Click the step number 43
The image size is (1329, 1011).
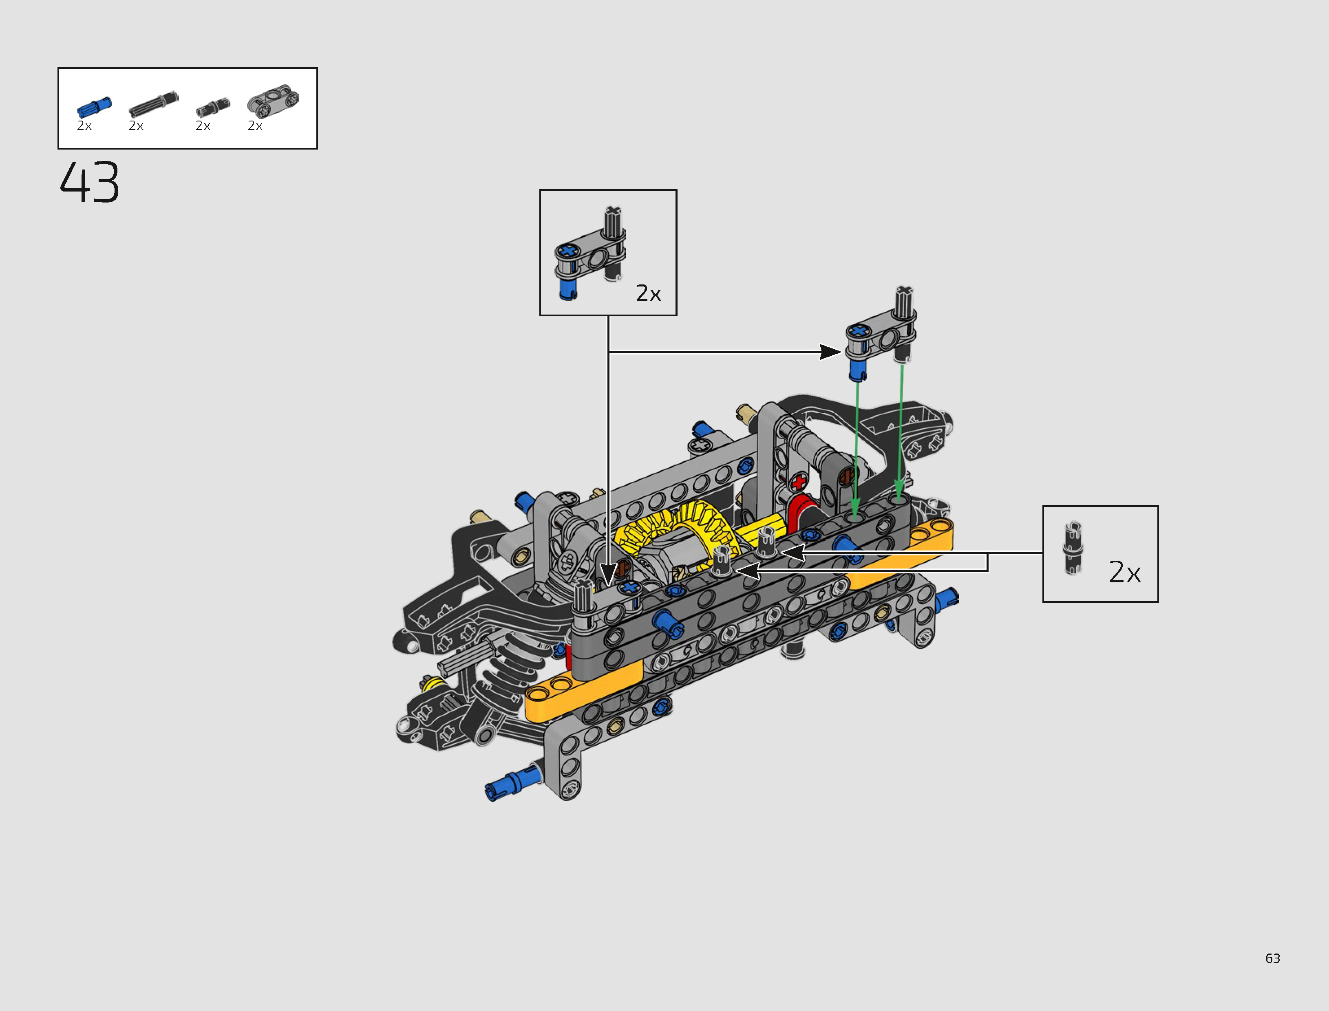90,182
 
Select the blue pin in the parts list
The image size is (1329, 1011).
94,107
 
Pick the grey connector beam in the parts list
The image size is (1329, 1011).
273,100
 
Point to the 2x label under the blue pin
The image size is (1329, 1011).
84,126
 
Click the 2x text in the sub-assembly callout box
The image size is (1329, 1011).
648,294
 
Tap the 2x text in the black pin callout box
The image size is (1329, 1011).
1124,572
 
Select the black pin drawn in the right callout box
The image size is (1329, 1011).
1072,548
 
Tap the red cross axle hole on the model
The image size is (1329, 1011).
799,482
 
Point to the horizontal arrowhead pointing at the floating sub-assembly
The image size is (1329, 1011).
831,352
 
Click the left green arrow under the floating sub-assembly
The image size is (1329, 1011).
856,445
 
